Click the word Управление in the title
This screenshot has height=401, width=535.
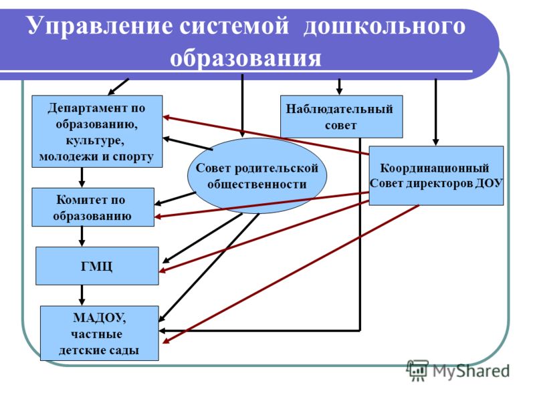(x=100, y=26)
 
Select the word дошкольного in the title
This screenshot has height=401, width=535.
(x=384, y=26)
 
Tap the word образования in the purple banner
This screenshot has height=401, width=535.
(x=245, y=58)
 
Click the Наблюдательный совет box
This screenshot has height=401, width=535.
(x=341, y=116)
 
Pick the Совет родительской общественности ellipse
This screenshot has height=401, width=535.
(x=257, y=176)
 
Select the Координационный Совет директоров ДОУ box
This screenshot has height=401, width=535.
(x=436, y=176)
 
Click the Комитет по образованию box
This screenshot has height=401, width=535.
(x=93, y=207)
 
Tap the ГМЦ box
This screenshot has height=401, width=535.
(x=97, y=266)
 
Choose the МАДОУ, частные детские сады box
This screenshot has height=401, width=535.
(x=99, y=333)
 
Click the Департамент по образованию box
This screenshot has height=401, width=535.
(x=97, y=131)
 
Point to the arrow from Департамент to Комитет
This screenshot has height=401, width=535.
(x=82, y=177)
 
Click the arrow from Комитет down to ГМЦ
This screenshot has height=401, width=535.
(x=82, y=237)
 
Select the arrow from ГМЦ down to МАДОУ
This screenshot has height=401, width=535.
(x=82, y=295)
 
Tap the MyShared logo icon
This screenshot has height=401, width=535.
(x=417, y=370)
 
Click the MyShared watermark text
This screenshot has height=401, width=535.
(x=471, y=371)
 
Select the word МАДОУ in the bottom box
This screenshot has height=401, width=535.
(x=99, y=317)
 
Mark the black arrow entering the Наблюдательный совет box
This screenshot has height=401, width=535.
(x=339, y=87)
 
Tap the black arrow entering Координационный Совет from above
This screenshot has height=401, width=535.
(x=435, y=112)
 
